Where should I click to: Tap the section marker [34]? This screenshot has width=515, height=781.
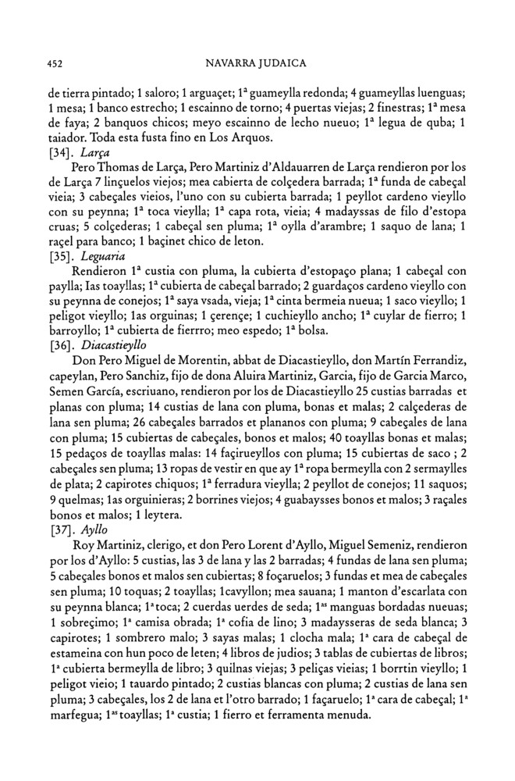[61, 153]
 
